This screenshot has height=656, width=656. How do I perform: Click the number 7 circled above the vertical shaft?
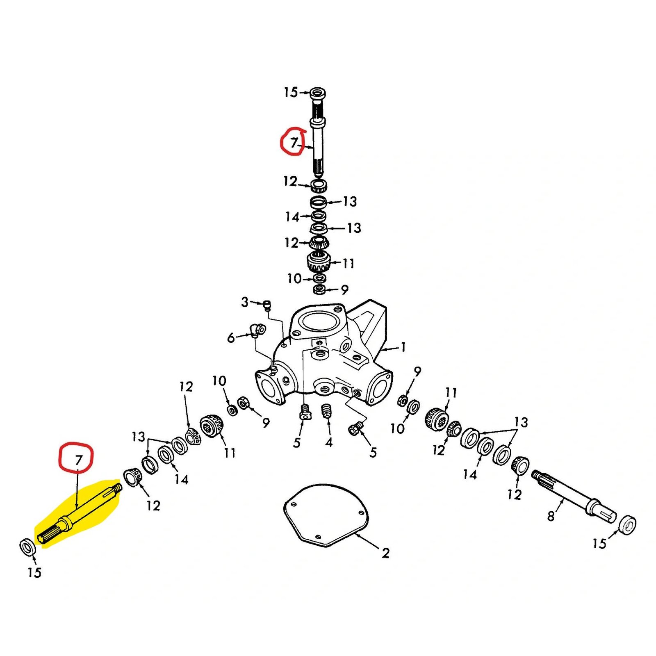tap(294, 143)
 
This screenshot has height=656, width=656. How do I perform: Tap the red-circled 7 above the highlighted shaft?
tap(78, 460)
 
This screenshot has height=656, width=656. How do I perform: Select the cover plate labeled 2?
tap(326, 515)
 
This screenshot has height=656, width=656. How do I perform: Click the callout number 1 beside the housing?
tap(403, 347)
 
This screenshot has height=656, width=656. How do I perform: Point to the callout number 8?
tap(551, 516)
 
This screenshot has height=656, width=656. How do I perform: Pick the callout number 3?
tap(245, 302)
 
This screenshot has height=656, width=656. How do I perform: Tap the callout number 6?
tap(231, 338)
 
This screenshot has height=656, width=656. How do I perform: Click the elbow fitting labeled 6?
tap(258, 330)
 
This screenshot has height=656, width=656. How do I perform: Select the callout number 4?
tap(329, 442)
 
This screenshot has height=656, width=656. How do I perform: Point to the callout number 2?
tap(385, 553)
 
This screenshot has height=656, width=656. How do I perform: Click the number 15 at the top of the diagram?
tap(291, 92)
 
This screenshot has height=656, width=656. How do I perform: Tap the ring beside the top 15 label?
tap(318, 93)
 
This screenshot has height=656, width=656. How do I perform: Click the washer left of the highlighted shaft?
tap(27, 547)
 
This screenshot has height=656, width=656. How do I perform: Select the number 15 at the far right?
tap(599, 544)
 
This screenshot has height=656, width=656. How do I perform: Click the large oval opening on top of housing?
tap(319, 321)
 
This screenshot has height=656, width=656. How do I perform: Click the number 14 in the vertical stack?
tap(292, 216)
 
